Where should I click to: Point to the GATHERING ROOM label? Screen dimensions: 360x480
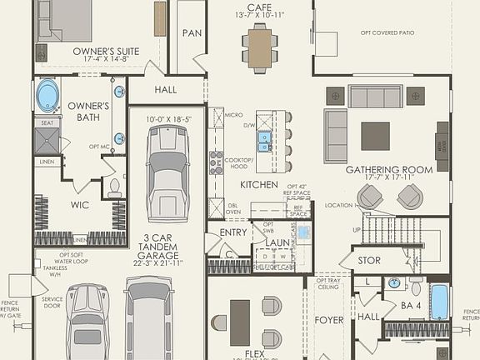(x=389, y=169)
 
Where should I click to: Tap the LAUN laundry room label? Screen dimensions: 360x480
(x=277, y=242)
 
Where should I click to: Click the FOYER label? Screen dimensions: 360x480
(x=329, y=319)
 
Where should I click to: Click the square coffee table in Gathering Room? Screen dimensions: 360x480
(x=375, y=135)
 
